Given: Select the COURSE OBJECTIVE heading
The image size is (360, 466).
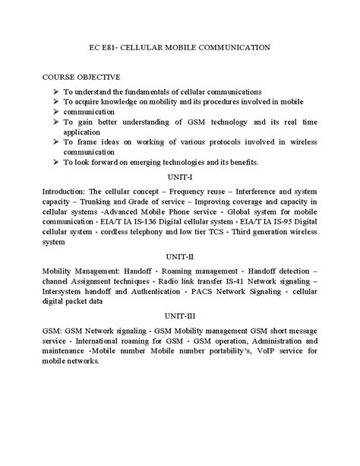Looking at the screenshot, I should click(x=81, y=77).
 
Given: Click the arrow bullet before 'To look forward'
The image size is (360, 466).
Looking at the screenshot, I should click(x=57, y=161).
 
